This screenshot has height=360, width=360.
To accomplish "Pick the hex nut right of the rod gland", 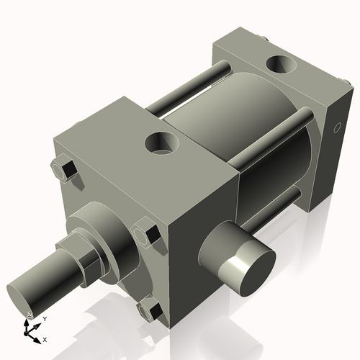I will point(149,235).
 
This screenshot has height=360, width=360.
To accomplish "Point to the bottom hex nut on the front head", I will point(149,310).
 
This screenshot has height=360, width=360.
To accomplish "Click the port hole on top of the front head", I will point(163,143).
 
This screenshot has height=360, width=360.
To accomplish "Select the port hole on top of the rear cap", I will point(282,65).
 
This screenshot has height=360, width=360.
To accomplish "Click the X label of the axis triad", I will point(45,338).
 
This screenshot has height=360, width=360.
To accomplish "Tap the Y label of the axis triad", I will point(45,318).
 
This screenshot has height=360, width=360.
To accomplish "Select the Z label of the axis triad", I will point(30,315).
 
